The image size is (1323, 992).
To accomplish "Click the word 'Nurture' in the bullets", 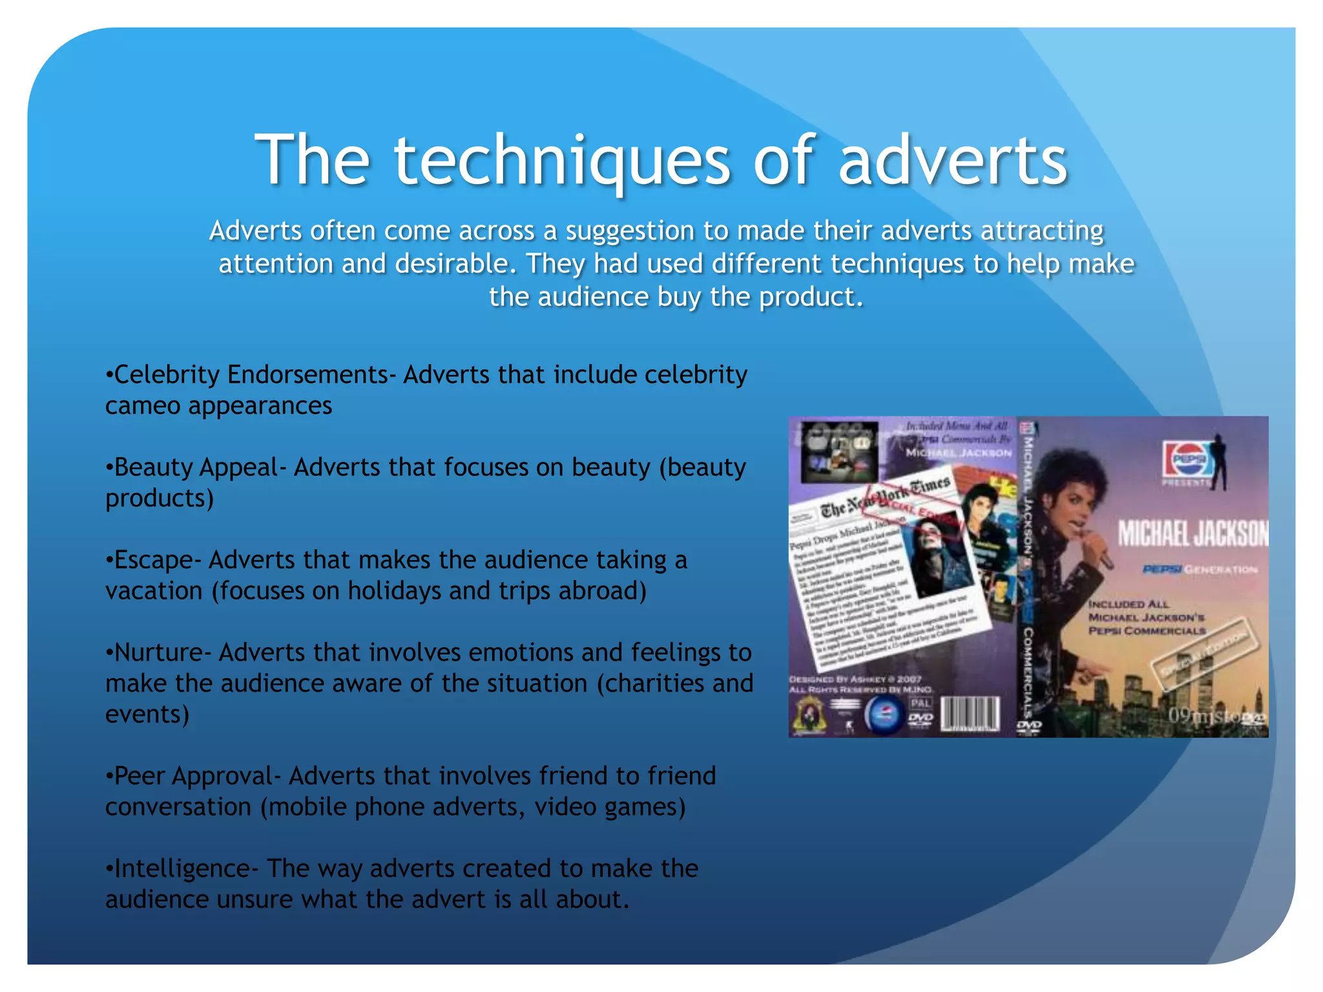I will tap(158, 652).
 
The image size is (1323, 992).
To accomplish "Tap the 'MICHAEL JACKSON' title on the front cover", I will tap(1193, 534).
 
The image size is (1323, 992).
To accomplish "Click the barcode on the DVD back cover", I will tap(970, 714).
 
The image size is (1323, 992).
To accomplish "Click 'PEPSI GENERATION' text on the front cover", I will tap(1199, 570).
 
